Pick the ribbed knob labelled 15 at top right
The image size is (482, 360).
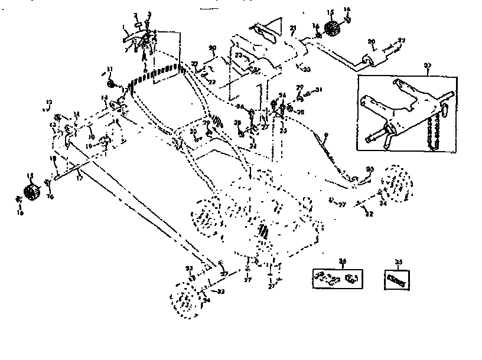(334, 27)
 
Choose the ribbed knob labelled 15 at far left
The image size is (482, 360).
(31, 192)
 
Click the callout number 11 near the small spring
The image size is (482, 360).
(110, 70)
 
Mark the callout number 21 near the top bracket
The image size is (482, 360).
(293, 28)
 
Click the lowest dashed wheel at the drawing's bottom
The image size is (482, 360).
(183, 300)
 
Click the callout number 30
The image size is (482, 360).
(193, 131)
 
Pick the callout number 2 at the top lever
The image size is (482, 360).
(135, 14)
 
